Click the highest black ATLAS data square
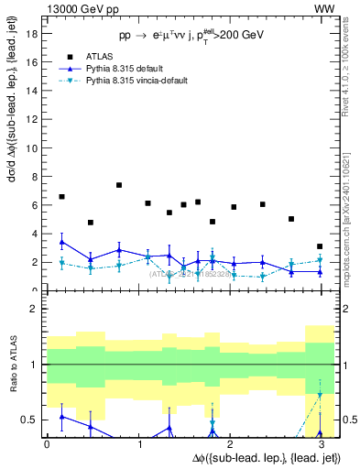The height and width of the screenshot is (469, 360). pyautogui.click(x=119, y=185)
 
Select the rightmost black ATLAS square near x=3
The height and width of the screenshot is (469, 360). pyautogui.click(x=319, y=246)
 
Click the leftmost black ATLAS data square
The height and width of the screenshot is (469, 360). pyautogui.click(x=61, y=197)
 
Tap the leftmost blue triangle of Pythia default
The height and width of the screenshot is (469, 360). pyautogui.click(x=61, y=242)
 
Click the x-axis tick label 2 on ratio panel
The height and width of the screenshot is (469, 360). pyautogui.click(x=230, y=444)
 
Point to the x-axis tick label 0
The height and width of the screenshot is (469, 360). pyautogui.click(x=47, y=444)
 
